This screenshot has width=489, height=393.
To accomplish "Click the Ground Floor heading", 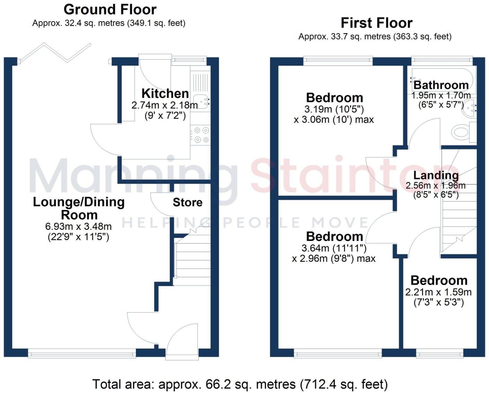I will pyautogui.click(x=110, y=9).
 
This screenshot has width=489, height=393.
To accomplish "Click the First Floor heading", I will pyautogui.click(x=376, y=23).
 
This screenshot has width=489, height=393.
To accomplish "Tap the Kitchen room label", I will pyautogui.click(x=165, y=93).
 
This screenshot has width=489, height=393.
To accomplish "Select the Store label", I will pyautogui.click(x=188, y=202).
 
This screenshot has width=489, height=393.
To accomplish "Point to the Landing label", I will pyautogui.click(x=436, y=175).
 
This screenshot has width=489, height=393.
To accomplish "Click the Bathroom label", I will pyautogui.click(x=441, y=85).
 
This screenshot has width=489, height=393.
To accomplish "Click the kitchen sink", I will pyautogui.click(x=201, y=102).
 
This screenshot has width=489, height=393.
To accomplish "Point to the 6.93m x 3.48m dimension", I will pyautogui.click(x=78, y=227).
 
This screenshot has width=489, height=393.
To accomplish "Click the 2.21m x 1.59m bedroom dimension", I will pyautogui.click(x=438, y=292).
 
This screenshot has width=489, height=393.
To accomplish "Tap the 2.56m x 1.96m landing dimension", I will pyautogui.click(x=436, y=185).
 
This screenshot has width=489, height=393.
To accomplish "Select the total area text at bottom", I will pyautogui.click(x=240, y=384).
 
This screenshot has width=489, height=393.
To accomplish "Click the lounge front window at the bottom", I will pyautogui.click(x=82, y=354).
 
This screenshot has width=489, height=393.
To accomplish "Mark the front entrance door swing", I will pyautogui.click(x=182, y=340).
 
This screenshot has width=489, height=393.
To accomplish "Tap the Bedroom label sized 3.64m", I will pyautogui.click(x=334, y=236).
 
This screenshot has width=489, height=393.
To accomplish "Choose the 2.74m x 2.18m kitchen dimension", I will pyautogui.click(x=165, y=105).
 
